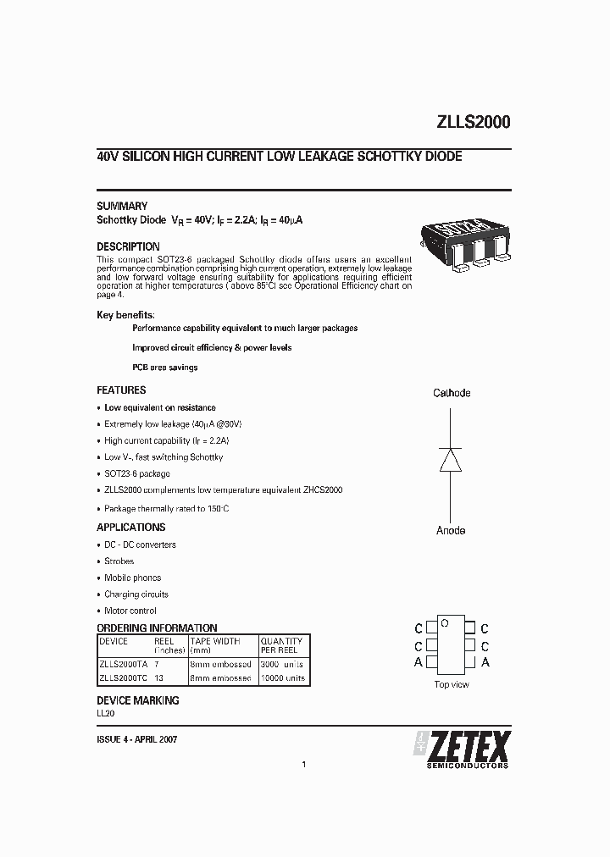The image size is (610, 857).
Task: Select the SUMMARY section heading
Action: (122, 206)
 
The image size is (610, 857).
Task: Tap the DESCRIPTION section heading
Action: (128, 246)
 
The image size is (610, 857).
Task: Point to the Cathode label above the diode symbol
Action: (452, 393)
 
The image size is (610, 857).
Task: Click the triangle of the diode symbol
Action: (452, 459)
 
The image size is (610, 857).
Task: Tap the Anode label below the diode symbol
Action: (451, 530)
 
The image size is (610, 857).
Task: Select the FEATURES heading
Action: (121, 390)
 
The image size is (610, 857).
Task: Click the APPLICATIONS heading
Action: (130, 527)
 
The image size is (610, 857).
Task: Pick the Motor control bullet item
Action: (130, 611)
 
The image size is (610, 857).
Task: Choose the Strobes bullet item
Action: (119, 561)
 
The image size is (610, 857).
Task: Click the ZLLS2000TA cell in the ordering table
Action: (124, 665)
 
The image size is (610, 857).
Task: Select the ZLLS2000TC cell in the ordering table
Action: (124, 678)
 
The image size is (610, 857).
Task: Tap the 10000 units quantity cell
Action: (283, 678)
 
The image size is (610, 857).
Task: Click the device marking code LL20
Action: (106, 715)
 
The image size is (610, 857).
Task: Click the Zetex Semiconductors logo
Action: (462, 749)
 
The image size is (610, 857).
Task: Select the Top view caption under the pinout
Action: (451, 684)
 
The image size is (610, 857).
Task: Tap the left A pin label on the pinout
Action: (419, 662)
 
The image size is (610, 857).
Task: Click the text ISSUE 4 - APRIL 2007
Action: (137, 739)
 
